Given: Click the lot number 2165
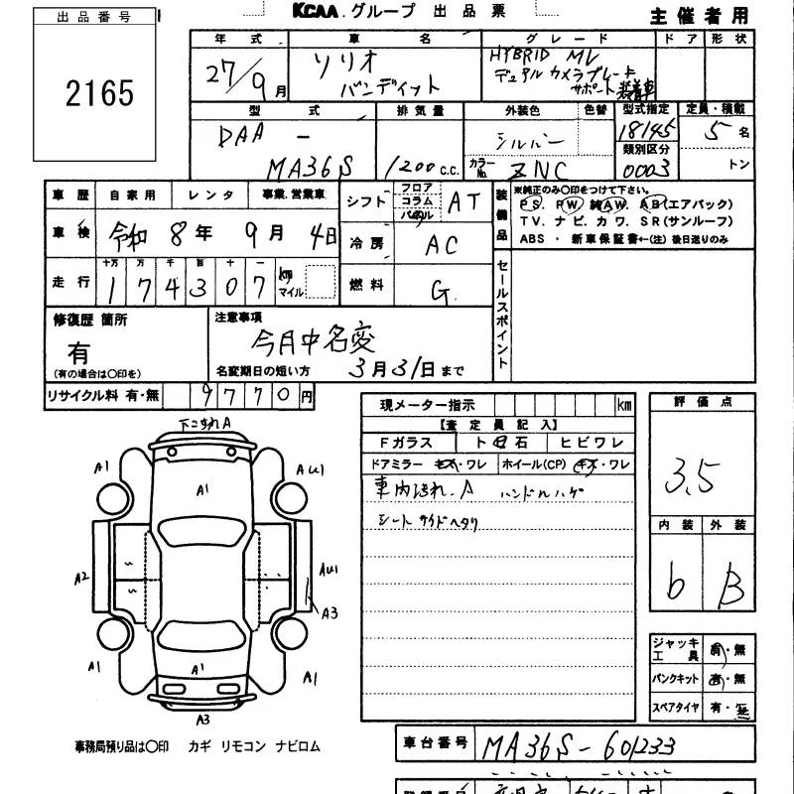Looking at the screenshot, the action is tap(97, 93).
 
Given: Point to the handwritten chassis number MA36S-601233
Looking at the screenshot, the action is tap(576, 745).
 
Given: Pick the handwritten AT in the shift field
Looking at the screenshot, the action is tap(463, 202).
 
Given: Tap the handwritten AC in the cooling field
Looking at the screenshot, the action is tap(443, 245).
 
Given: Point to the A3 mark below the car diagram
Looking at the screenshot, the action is tap(202, 719).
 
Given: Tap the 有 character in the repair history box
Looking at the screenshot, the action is tap(78, 353).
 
